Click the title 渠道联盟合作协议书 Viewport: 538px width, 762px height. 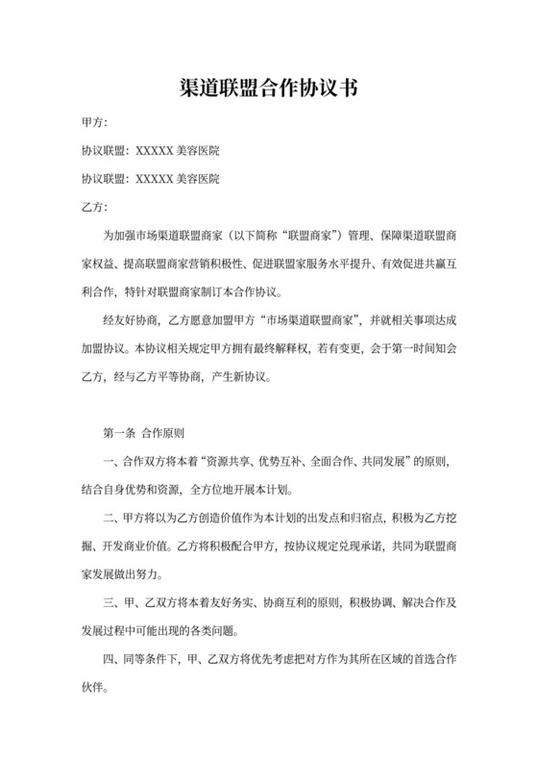[x=269, y=89]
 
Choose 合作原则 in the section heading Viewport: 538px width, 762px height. [x=162, y=433]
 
